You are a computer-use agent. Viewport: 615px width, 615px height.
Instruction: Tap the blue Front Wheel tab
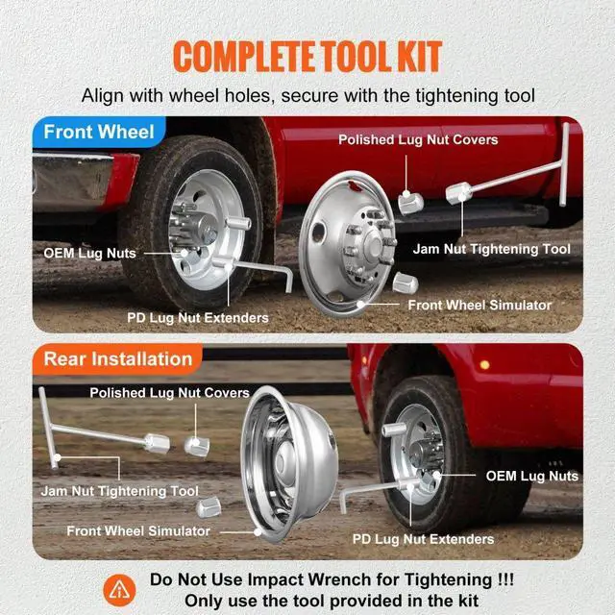(x=99, y=132)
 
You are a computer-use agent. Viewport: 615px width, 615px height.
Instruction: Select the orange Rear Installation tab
(x=117, y=359)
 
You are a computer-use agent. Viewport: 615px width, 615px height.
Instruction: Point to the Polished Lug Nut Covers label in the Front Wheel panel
(x=418, y=140)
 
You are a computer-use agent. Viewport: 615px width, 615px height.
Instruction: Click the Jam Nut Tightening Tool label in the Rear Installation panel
(x=120, y=491)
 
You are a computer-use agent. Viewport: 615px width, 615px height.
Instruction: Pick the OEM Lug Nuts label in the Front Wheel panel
(x=89, y=254)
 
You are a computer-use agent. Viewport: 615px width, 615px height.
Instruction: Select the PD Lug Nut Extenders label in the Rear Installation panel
(x=423, y=539)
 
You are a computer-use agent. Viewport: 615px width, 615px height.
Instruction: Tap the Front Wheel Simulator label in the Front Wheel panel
(x=480, y=305)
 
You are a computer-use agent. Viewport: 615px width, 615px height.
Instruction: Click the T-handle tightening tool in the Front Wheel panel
(x=519, y=187)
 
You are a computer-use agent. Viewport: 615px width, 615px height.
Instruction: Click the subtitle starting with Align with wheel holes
(x=307, y=95)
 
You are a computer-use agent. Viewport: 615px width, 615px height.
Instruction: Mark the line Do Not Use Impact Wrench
(x=332, y=580)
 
